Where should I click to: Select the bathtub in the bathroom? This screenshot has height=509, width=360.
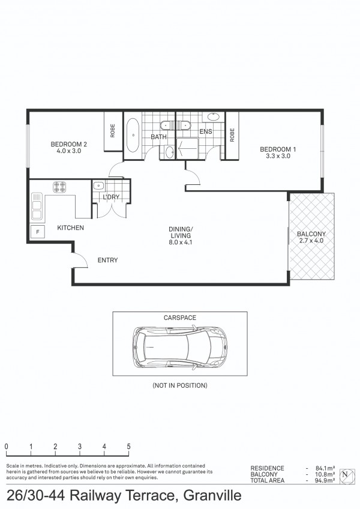pos(133,136)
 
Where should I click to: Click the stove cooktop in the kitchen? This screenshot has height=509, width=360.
pos(59,187)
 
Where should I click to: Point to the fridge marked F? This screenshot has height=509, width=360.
pos(38,232)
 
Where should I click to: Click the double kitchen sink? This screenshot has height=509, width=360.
pos(37,206)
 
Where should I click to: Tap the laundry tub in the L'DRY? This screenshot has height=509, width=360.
pos(98,185)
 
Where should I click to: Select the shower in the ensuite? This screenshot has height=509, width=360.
pos(187,148)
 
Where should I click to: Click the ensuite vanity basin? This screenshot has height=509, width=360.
pos(213,116)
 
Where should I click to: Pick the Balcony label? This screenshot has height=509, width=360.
pos(311,233)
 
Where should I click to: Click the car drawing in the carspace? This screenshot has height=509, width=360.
pos(180,348)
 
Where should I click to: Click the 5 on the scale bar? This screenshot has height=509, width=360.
pos(128,447)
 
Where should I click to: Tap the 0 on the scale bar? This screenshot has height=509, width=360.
pos(7,447)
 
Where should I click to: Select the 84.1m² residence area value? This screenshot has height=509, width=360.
pos(325,468)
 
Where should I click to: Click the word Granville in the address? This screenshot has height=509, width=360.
pos(212,495)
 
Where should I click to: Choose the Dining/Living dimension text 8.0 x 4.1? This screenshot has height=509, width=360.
pos(180,242)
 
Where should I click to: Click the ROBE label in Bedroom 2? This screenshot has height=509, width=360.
pos(113,130)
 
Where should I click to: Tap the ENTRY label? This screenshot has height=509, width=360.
pos(107,260)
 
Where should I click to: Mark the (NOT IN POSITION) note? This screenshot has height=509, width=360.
pos(180,385)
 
